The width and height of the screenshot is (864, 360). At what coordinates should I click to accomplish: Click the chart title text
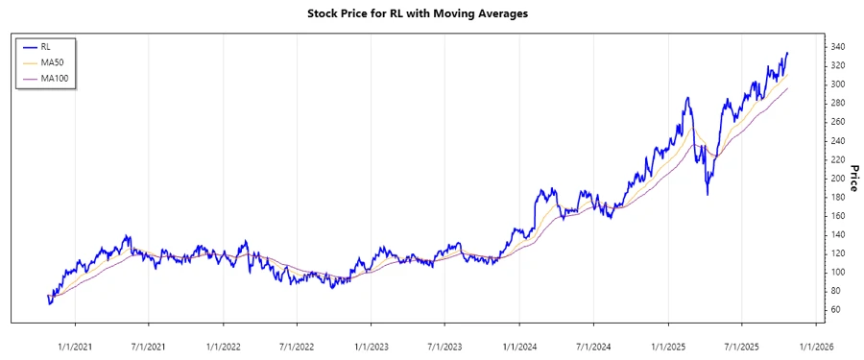tap(431, 13)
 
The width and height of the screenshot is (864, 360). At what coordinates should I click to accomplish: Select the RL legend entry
tap(47, 46)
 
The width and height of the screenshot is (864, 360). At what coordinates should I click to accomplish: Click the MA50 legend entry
tap(53, 61)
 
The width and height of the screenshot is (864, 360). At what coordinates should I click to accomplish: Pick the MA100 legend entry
tap(56, 78)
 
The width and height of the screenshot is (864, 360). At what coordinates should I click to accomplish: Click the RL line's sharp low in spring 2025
tap(708, 195)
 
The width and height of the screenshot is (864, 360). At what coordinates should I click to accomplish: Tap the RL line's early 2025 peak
tap(687, 97)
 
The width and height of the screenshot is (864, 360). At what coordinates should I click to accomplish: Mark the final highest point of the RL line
tap(787, 53)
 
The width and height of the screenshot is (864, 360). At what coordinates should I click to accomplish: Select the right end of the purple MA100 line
tap(788, 88)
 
